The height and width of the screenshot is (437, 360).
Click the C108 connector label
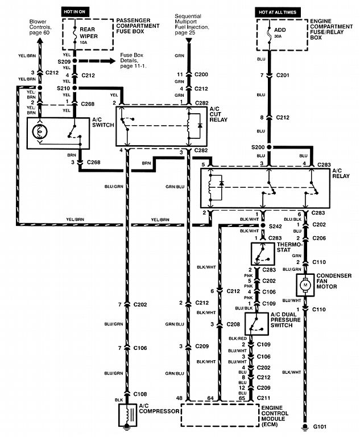140,394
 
